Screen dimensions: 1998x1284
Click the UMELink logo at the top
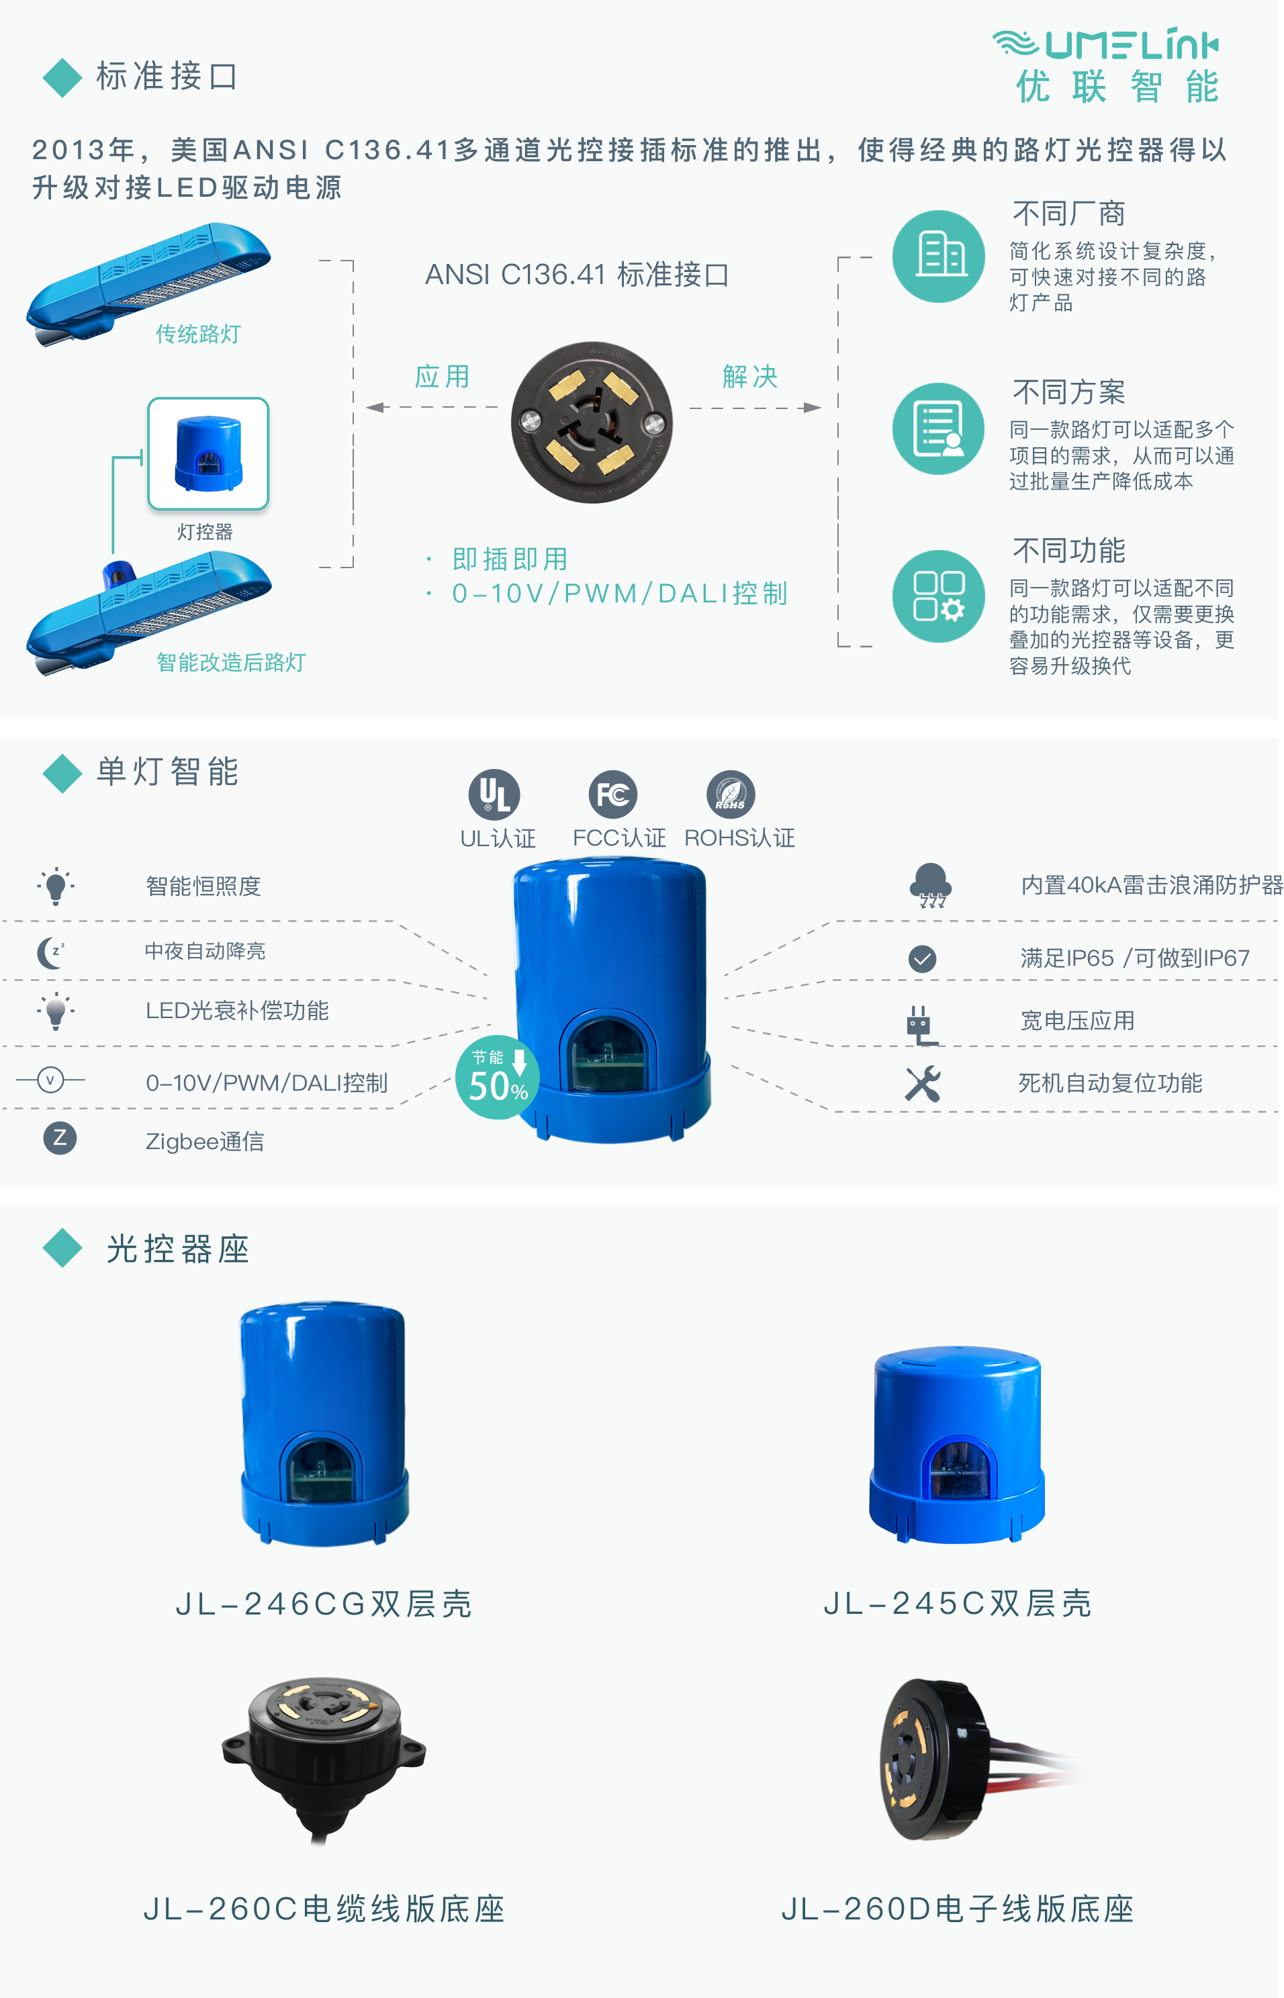coord(1105,65)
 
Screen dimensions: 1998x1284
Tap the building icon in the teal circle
coord(938,256)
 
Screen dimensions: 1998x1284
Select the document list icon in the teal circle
coord(938,428)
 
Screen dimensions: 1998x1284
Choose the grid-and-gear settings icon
coord(938,596)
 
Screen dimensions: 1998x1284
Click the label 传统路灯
coord(197,334)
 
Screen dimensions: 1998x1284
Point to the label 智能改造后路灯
coord(231,663)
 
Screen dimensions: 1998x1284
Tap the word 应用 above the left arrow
coord(442,377)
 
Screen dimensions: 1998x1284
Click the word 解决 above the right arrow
coord(749,377)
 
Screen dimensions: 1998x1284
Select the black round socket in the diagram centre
coord(592,422)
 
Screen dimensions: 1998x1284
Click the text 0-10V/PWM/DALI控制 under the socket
coord(619,594)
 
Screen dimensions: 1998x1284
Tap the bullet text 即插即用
coord(510,559)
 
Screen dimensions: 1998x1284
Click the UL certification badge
coord(494,794)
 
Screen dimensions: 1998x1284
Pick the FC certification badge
coord(612,794)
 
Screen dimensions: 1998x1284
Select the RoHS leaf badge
coord(731,794)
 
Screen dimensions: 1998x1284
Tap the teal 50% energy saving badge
coord(497,1077)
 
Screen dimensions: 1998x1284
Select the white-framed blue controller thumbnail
coord(208,455)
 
